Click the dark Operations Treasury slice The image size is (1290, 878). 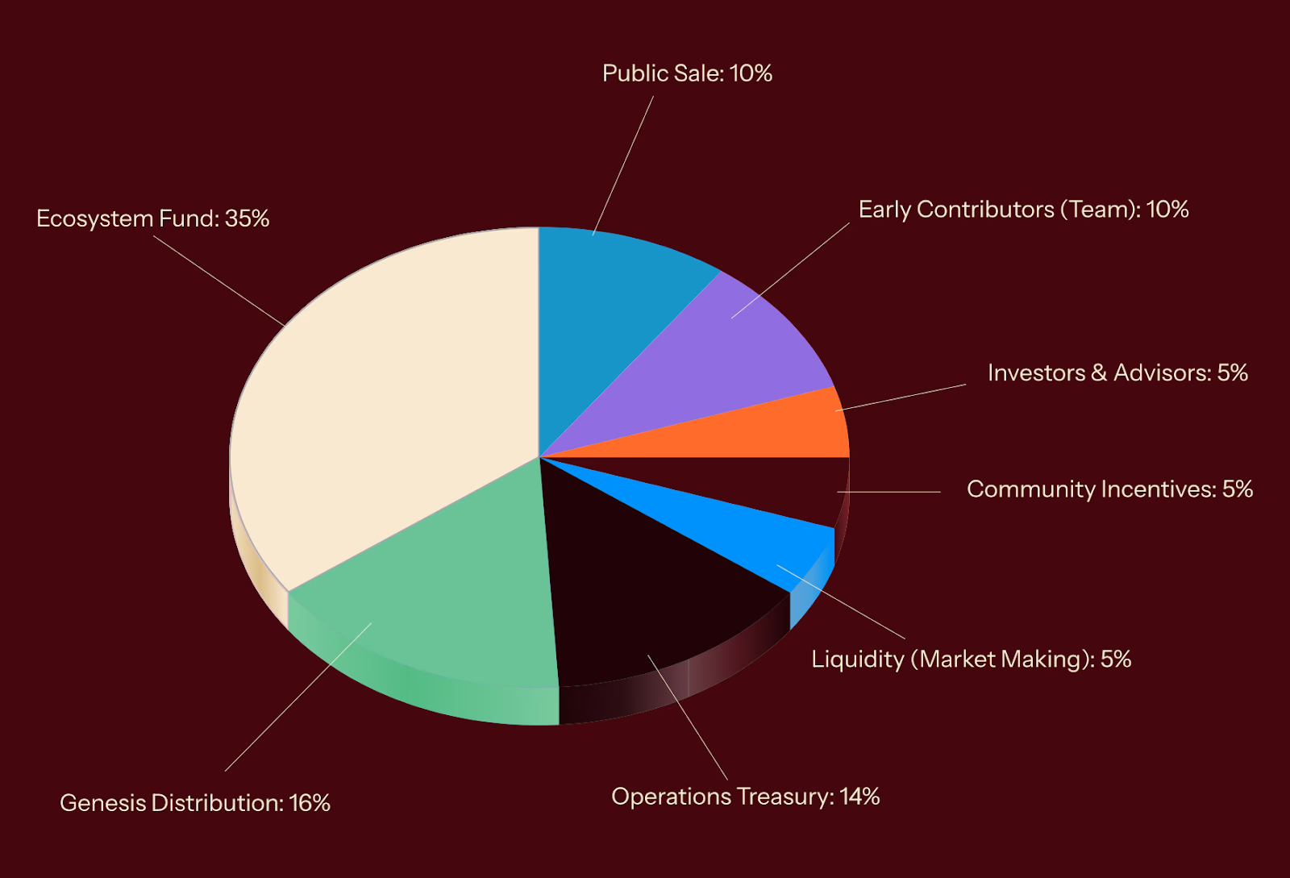645,589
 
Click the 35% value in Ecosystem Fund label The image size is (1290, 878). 247,218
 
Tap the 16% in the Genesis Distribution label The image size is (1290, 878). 310,803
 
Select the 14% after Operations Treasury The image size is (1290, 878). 859,797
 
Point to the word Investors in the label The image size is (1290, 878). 1036,372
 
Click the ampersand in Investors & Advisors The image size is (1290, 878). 1099,372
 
